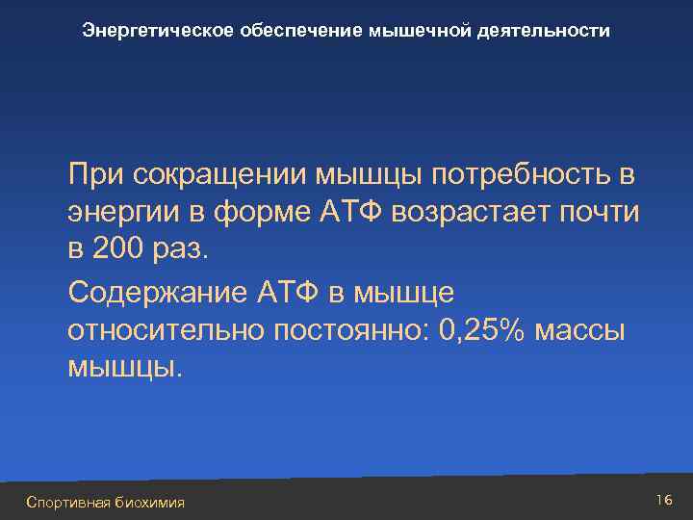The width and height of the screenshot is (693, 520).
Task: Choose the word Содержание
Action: tap(159, 293)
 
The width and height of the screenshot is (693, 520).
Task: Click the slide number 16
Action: tap(663, 500)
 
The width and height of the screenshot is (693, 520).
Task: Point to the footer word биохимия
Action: tap(149, 502)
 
